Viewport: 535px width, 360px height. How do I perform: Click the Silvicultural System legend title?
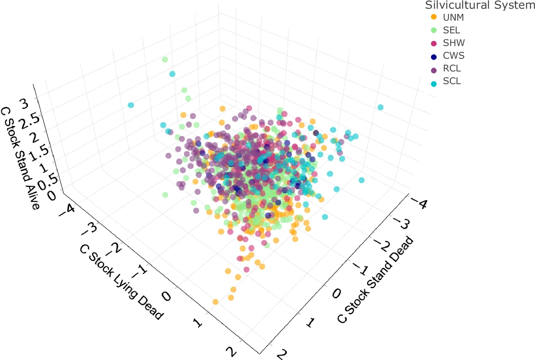pyautogui.click(x=480, y=6)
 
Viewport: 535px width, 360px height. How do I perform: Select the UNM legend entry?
pyautogui.click(x=453, y=17)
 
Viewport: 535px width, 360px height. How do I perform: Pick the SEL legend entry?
pyautogui.click(x=451, y=30)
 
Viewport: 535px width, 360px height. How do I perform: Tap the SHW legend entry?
pyautogui.click(x=454, y=43)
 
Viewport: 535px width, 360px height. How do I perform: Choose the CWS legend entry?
pyautogui.click(x=453, y=56)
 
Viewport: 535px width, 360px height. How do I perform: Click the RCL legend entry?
pyautogui.click(x=452, y=68)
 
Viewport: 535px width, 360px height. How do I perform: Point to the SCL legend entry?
pyautogui.click(x=452, y=81)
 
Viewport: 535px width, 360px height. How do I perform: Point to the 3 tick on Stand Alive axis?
pyautogui.click(x=24, y=104)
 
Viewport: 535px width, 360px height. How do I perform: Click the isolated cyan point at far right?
pyautogui.click(x=380, y=107)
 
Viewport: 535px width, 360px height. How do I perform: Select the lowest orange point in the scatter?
pyautogui.click(x=216, y=302)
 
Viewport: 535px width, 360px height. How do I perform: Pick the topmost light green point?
pyautogui.click(x=165, y=60)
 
